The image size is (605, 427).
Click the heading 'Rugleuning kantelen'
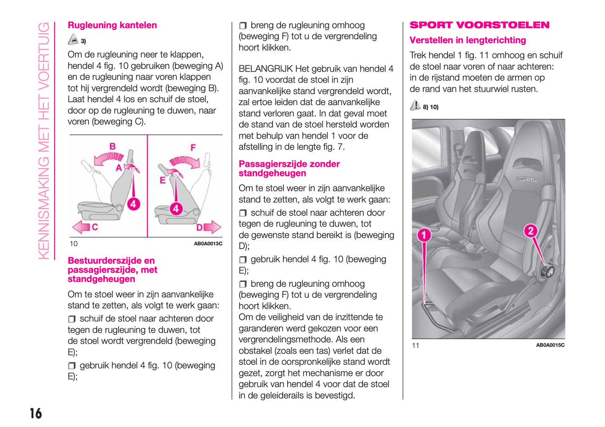pos(112,25)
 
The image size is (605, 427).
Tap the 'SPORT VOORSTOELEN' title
pos(479,25)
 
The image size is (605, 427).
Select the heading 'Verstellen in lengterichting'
pos(468,40)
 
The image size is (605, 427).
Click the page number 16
pos(36,413)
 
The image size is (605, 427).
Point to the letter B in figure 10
pos(113,147)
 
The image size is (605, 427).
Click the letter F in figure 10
pos(193,148)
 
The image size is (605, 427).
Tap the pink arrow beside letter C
pos(81,227)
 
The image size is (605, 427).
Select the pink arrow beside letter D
pos(213,227)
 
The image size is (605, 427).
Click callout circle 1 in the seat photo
pos(424,235)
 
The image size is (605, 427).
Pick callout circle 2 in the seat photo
pos(530,231)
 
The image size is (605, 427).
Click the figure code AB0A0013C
pos(208,244)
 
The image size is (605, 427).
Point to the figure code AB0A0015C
pos(550,345)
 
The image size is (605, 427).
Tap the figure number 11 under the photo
pos(415,345)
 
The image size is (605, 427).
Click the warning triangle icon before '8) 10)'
pos(415,105)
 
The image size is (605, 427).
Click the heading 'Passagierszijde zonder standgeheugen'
pos(289,168)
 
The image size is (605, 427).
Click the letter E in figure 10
pos(162,180)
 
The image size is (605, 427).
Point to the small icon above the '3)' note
pos(73,39)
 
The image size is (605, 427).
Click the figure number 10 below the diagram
pos(74,244)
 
